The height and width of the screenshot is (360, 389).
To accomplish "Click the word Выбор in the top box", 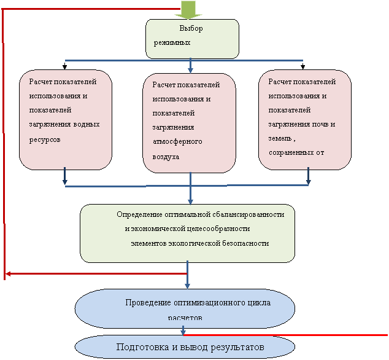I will (x=191, y=29).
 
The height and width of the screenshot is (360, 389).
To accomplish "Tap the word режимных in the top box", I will (x=172, y=43).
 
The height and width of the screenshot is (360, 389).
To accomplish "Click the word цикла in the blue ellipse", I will (x=259, y=303).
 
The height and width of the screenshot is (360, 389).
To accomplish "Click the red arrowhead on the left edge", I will (x=9, y=273).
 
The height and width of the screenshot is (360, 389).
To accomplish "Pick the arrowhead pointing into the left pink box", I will (x=65, y=181).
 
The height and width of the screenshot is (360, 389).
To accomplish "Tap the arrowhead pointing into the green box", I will (x=190, y=200).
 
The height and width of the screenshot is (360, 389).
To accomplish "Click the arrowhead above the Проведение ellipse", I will (x=187, y=284).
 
